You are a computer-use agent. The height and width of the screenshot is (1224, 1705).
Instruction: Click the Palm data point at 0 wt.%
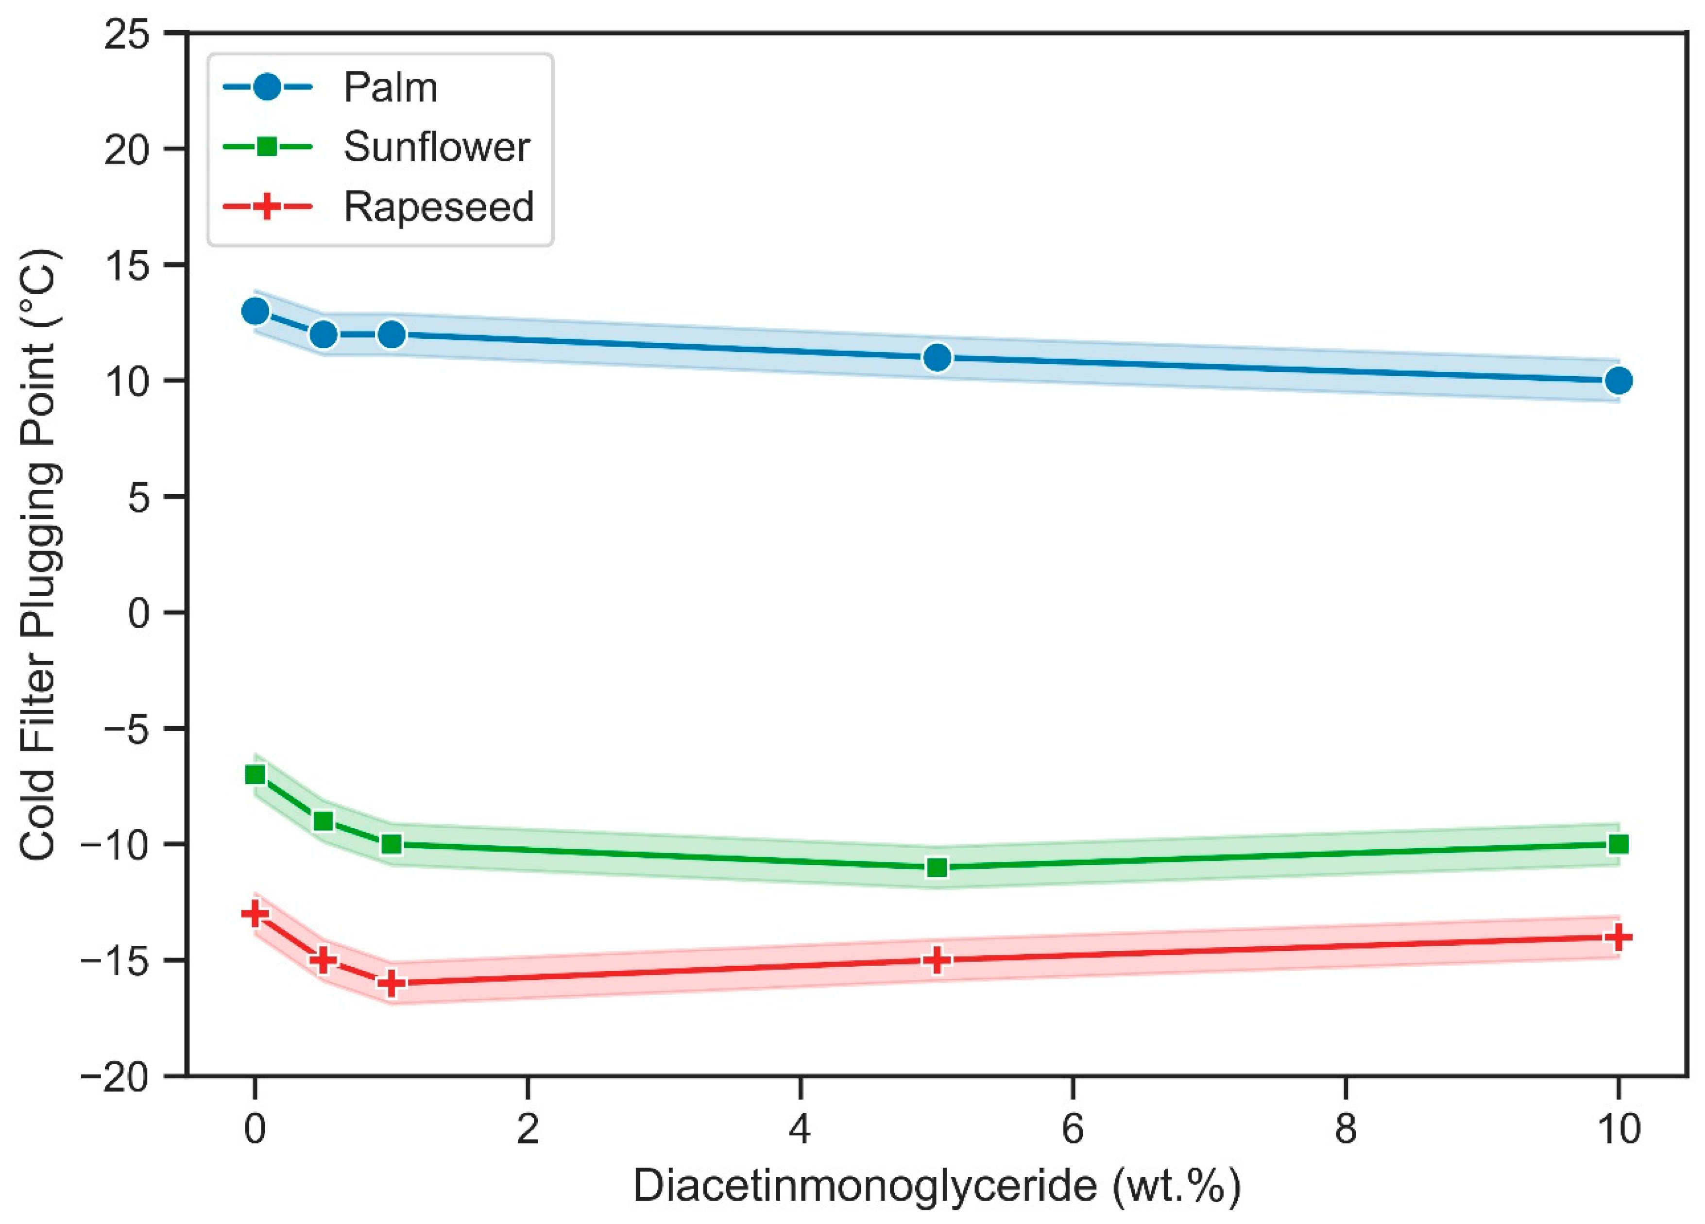coord(256,311)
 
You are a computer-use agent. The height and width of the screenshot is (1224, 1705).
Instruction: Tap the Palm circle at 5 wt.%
coord(937,358)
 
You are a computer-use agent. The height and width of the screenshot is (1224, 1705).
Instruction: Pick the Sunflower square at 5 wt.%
coord(937,868)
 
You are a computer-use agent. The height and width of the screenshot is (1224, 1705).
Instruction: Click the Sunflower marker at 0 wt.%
coord(256,775)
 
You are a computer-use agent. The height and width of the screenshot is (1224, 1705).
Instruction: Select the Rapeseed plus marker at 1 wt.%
coord(392,984)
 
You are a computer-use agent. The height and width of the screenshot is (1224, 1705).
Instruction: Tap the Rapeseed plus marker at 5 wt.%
coord(937,960)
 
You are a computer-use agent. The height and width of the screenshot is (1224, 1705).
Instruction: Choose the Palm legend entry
coord(390,88)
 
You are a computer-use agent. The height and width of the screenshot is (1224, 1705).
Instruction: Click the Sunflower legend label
coord(436,147)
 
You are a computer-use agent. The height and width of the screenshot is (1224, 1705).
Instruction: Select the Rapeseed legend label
coord(438,207)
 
